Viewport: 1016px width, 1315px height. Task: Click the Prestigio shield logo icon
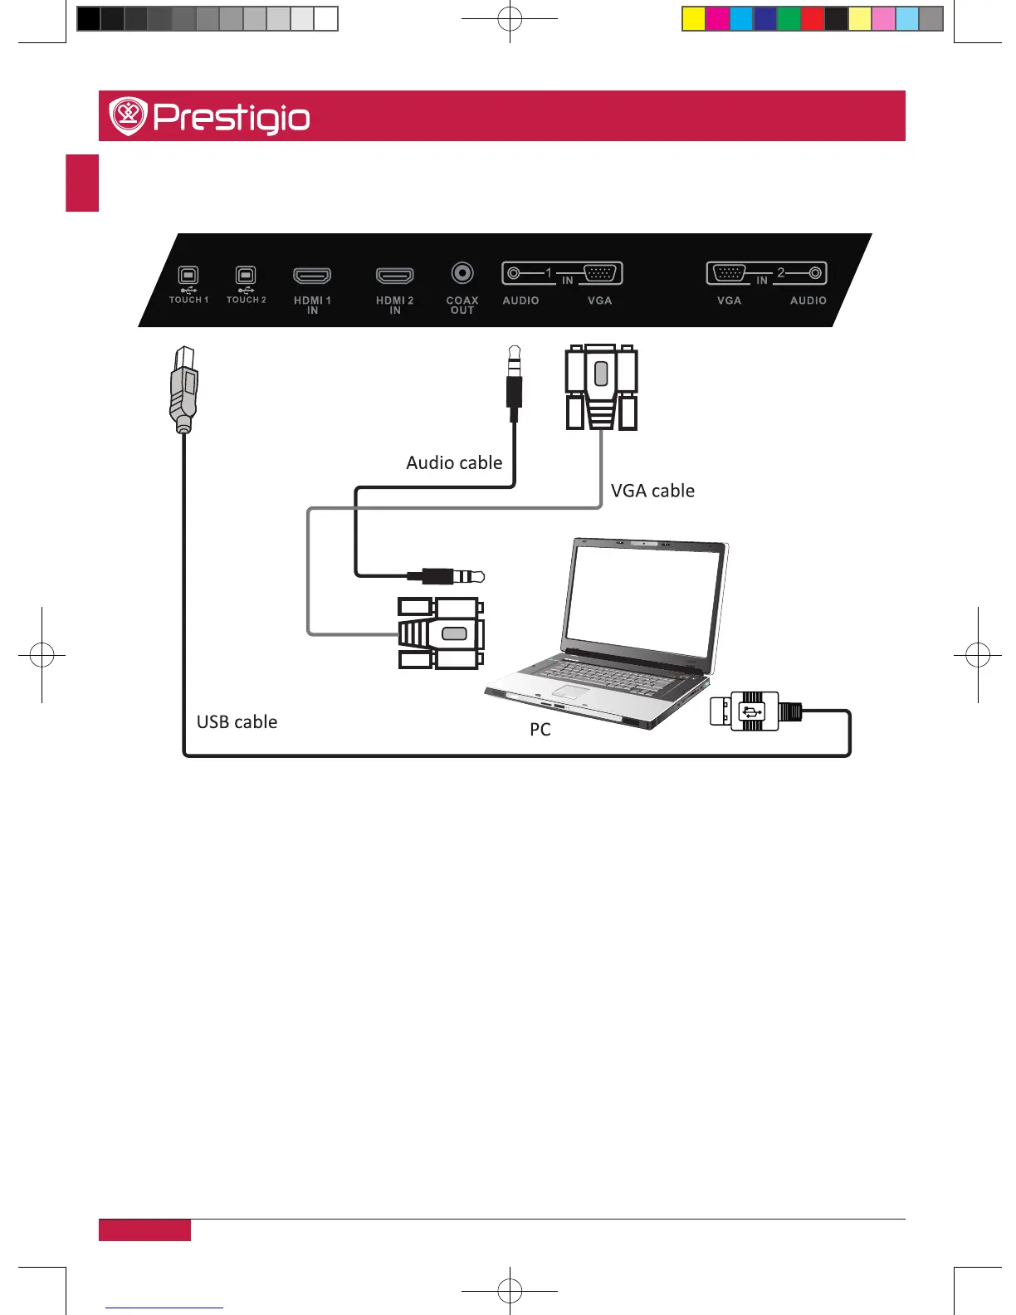pyautogui.click(x=128, y=116)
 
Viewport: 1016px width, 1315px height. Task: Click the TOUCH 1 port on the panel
pyautogui.click(x=188, y=276)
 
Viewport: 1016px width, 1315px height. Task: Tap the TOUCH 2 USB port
pyautogui.click(x=246, y=276)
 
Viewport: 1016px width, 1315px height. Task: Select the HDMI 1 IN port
pyautogui.click(x=312, y=276)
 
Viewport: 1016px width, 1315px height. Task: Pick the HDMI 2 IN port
pyautogui.click(x=395, y=276)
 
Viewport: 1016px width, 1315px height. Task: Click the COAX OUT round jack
pyautogui.click(x=462, y=272)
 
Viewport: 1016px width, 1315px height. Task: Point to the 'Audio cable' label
pyautogui.click(x=454, y=463)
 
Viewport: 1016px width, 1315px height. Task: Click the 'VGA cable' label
pyautogui.click(x=652, y=491)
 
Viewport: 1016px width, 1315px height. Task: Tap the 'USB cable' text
pyautogui.click(x=237, y=722)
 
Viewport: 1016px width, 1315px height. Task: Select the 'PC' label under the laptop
pyautogui.click(x=540, y=730)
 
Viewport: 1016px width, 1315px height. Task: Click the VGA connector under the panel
pyautogui.click(x=601, y=387)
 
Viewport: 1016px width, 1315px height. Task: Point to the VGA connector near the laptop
pyautogui.click(x=441, y=633)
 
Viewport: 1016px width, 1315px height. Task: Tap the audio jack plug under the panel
pyautogui.click(x=515, y=382)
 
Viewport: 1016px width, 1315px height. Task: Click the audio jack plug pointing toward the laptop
pyautogui.click(x=447, y=576)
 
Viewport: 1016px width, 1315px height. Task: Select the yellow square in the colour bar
pyautogui.click(x=694, y=19)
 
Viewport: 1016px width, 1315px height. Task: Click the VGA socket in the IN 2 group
pyautogui.click(x=729, y=273)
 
